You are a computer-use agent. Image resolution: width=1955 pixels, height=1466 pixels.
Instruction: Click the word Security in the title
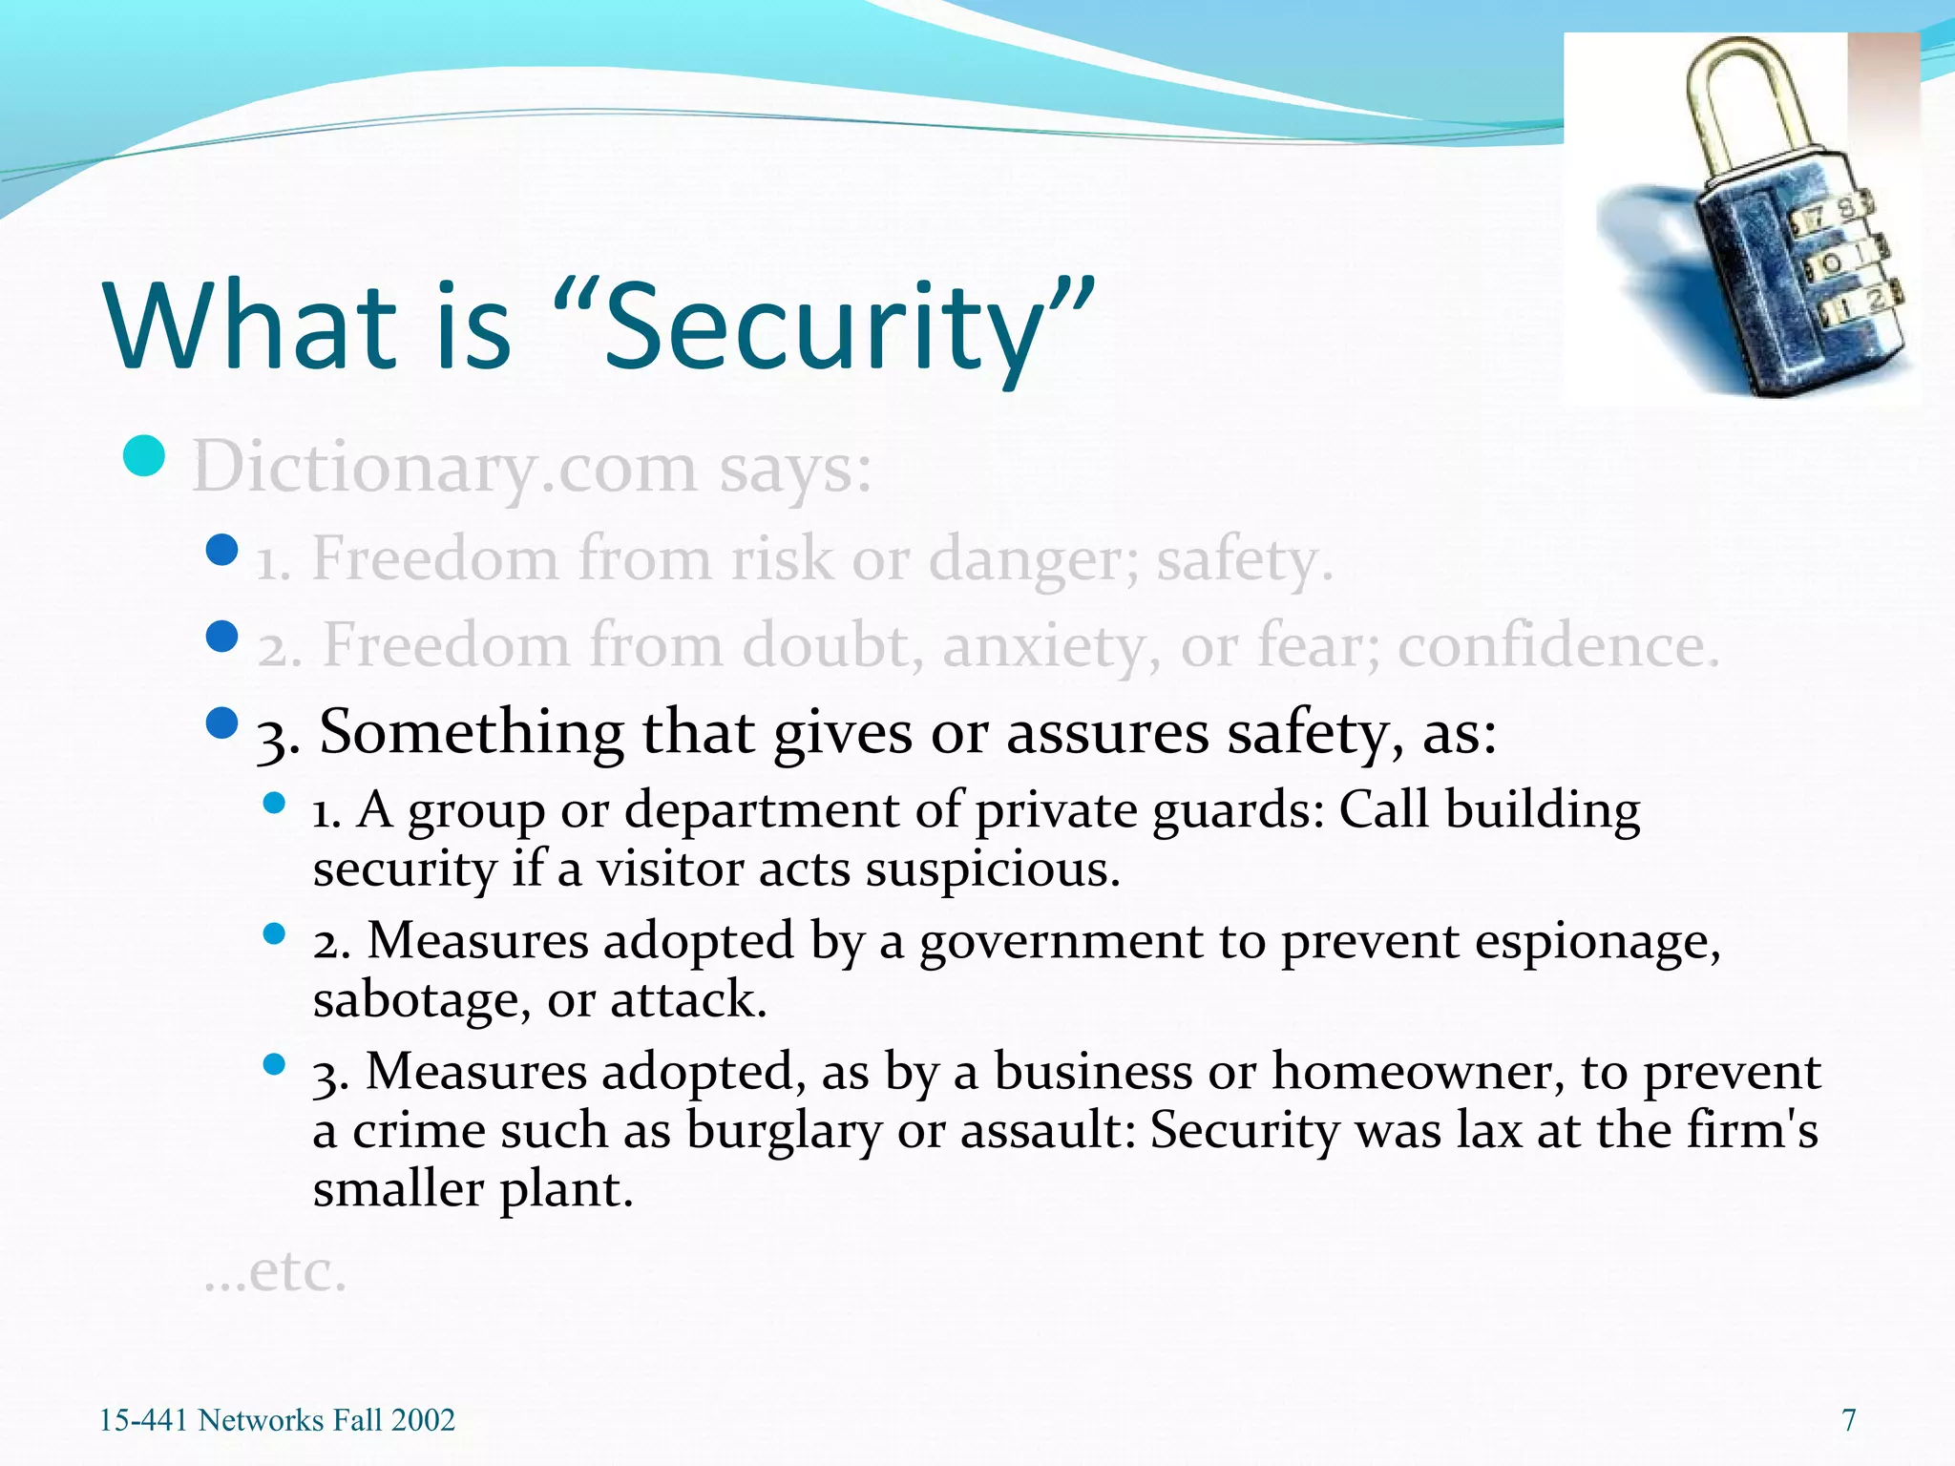[826, 329]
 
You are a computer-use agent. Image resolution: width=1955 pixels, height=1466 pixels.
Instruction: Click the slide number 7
[1848, 1420]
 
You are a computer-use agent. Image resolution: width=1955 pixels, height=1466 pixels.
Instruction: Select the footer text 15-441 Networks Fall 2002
[277, 1420]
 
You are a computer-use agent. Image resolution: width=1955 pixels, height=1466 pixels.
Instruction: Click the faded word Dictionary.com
[444, 468]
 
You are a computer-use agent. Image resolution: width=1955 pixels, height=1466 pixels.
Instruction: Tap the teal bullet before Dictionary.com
[144, 456]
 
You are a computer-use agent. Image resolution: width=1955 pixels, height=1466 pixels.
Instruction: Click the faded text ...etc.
[276, 1272]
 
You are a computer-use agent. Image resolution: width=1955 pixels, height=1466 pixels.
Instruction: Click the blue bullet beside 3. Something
[221, 723]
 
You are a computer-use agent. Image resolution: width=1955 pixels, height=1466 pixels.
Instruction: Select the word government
[1061, 941]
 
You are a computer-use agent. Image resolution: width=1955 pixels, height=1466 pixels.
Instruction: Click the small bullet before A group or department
[275, 803]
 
